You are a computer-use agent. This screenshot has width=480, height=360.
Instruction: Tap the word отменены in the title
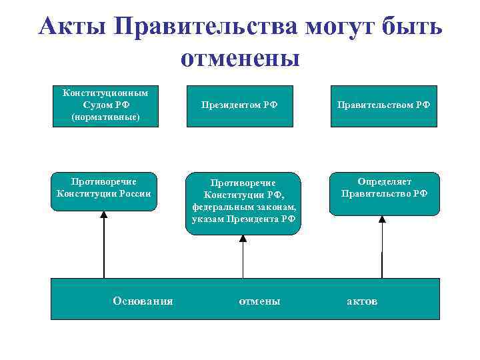pyautogui.click(x=240, y=58)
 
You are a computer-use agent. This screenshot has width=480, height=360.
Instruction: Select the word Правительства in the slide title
pyautogui.click(x=207, y=27)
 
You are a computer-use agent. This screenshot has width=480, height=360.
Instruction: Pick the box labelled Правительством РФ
pyautogui.click(x=383, y=105)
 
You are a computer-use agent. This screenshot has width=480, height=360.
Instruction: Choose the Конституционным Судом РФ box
pyautogui.click(x=105, y=106)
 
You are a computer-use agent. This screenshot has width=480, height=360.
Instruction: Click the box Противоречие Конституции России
pyautogui.click(x=104, y=191)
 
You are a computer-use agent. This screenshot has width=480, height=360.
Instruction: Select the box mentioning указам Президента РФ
pyautogui.click(x=243, y=203)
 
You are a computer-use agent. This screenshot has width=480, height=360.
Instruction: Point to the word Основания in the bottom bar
pyautogui.click(x=143, y=301)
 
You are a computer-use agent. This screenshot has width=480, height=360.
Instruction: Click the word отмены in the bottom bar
pyautogui.click(x=259, y=301)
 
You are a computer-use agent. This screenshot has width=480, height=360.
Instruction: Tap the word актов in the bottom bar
pyautogui.click(x=362, y=301)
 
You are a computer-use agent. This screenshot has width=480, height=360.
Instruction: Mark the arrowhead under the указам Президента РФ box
pyautogui.click(x=243, y=239)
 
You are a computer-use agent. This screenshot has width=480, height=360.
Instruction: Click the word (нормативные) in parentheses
pyautogui.click(x=105, y=117)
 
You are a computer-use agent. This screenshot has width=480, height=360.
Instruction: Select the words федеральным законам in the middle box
pyautogui.click(x=243, y=207)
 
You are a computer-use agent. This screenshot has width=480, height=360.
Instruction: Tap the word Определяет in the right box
pyautogui.click(x=384, y=181)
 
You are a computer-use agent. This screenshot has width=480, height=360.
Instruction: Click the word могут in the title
pyautogui.click(x=341, y=27)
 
